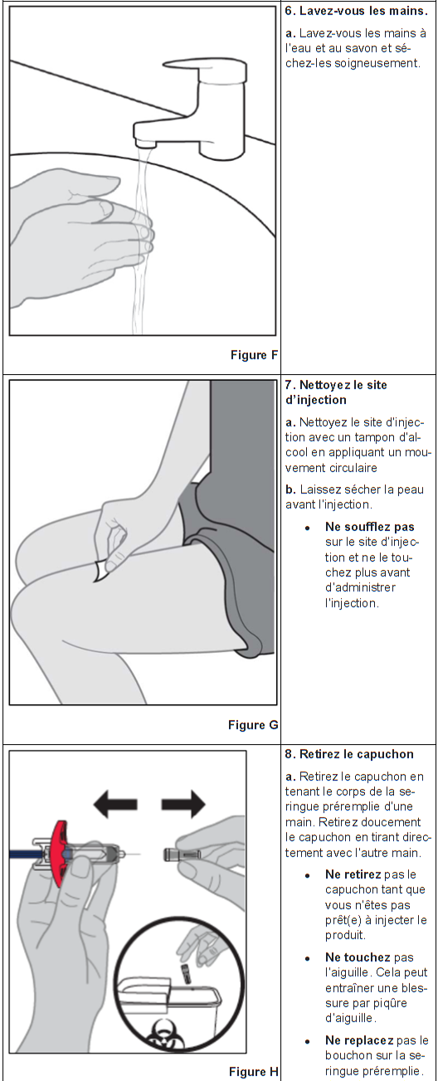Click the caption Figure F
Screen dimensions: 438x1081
(254, 355)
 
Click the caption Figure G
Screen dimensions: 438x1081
(253, 725)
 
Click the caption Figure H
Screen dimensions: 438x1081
(254, 1072)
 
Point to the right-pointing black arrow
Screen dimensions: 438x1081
(183, 804)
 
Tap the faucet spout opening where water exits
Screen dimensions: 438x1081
(146, 144)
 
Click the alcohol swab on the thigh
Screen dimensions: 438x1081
(101, 571)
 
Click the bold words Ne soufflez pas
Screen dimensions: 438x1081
(369, 527)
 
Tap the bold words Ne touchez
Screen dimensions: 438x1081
(358, 957)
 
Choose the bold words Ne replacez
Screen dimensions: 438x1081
(359, 1040)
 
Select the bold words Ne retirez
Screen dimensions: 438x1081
(353, 874)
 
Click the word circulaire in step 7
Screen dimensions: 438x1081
(353, 468)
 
